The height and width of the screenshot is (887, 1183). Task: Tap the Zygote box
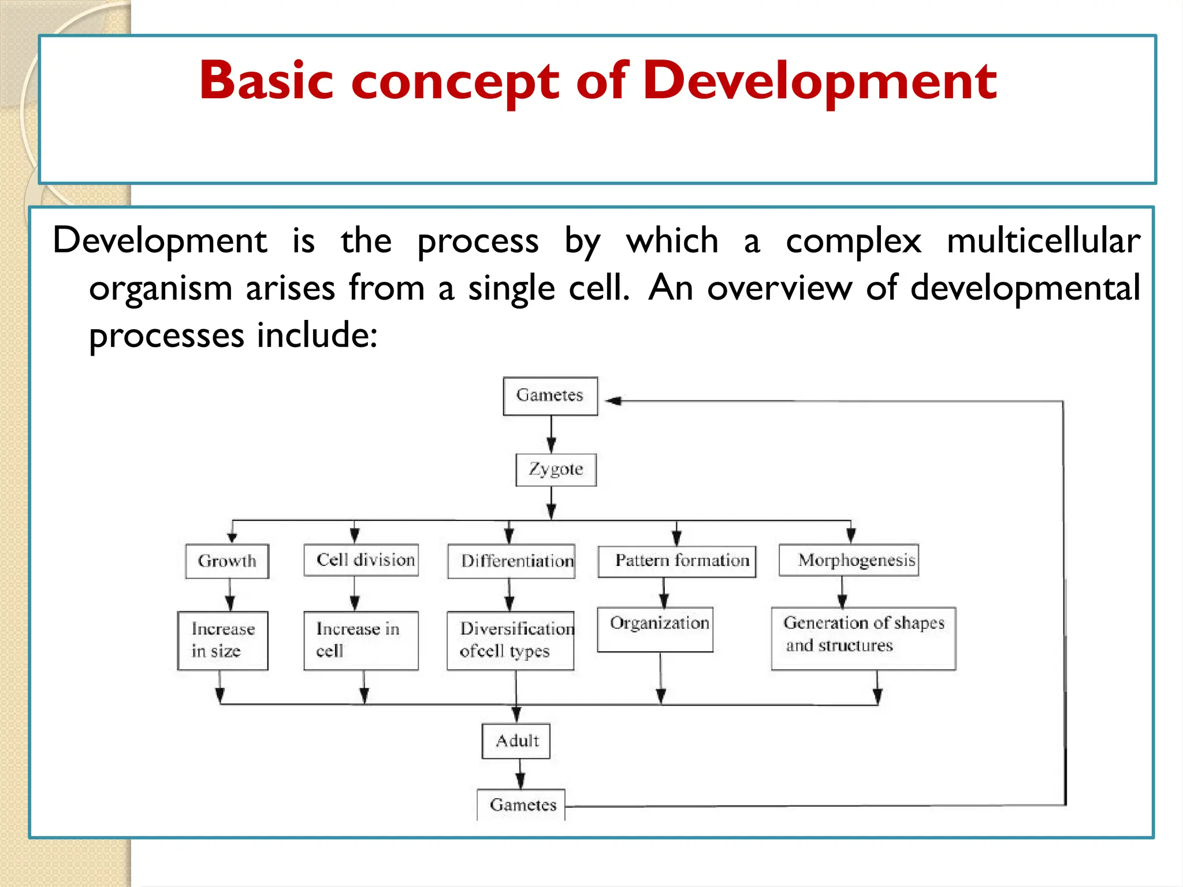pyautogui.click(x=556, y=469)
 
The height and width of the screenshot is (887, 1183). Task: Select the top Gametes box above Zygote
pyautogui.click(x=550, y=396)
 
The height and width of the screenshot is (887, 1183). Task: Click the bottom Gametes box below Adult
pyautogui.click(x=522, y=804)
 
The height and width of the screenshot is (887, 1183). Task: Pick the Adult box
pyautogui.click(x=516, y=741)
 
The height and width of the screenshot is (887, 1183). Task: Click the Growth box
pyautogui.click(x=227, y=561)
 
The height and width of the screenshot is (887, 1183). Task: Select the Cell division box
pyautogui.click(x=362, y=560)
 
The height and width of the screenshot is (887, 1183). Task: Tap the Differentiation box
pyautogui.click(x=512, y=561)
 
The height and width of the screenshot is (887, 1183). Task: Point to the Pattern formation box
pyautogui.click(x=677, y=561)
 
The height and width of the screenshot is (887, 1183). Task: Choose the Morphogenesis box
pyautogui.click(x=849, y=560)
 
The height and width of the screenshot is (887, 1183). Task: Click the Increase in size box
pyautogui.click(x=223, y=640)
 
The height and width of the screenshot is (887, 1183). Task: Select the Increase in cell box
pyautogui.click(x=361, y=640)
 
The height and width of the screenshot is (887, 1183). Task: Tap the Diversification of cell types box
pyautogui.click(x=511, y=640)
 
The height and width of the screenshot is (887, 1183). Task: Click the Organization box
pyautogui.click(x=655, y=629)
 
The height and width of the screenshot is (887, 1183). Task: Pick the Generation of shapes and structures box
pyautogui.click(x=864, y=638)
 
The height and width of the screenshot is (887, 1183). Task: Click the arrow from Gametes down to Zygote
pyautogui.click(x=551, y=434)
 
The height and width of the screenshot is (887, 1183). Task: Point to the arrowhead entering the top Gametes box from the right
pyautogui.click(x=612, y=400)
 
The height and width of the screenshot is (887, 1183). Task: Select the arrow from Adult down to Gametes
pyautogui.click(x=520, y=774)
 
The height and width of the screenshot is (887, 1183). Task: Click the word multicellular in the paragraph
pyautogui.click(x=1043, y=240)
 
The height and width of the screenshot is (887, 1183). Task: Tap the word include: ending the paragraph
pyautogui.click(x=317, y=336)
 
